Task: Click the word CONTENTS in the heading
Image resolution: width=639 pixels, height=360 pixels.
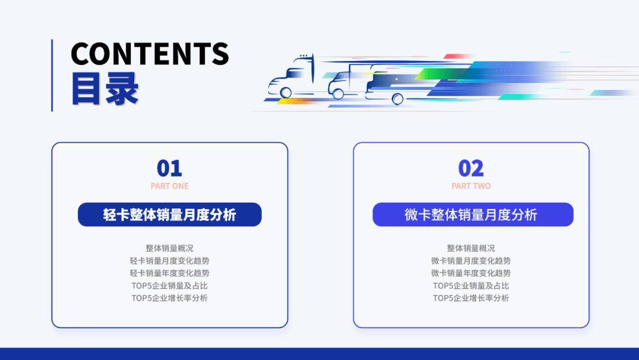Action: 150,53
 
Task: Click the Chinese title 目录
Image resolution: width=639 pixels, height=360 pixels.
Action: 105,89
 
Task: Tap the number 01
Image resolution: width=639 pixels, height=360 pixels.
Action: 170,168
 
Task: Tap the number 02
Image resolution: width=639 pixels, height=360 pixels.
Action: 471,168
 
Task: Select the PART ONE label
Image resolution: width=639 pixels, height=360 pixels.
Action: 170,186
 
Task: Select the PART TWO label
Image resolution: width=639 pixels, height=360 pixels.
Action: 471,186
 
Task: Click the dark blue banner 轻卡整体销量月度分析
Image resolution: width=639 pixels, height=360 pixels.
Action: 170,214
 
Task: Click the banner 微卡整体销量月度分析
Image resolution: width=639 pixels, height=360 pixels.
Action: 473,214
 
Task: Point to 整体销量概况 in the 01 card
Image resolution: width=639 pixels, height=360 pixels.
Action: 170,248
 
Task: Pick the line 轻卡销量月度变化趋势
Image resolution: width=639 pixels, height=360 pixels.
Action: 170,261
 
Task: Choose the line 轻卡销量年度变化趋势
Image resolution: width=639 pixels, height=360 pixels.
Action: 170,273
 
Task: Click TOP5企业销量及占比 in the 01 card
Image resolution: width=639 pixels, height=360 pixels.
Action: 170,285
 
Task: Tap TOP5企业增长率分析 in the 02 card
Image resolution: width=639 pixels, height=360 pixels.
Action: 471,298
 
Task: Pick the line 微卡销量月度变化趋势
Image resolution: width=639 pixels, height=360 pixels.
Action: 471,261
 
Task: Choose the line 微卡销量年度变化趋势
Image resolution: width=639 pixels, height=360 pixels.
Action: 471,273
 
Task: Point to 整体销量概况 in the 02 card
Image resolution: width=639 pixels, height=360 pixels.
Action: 471,248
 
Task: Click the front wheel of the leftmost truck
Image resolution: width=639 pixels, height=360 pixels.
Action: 286,92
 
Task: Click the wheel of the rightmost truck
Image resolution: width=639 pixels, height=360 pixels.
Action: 398,99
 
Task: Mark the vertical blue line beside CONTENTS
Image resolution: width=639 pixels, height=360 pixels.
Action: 52,75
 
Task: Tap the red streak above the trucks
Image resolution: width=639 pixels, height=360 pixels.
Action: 456,56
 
